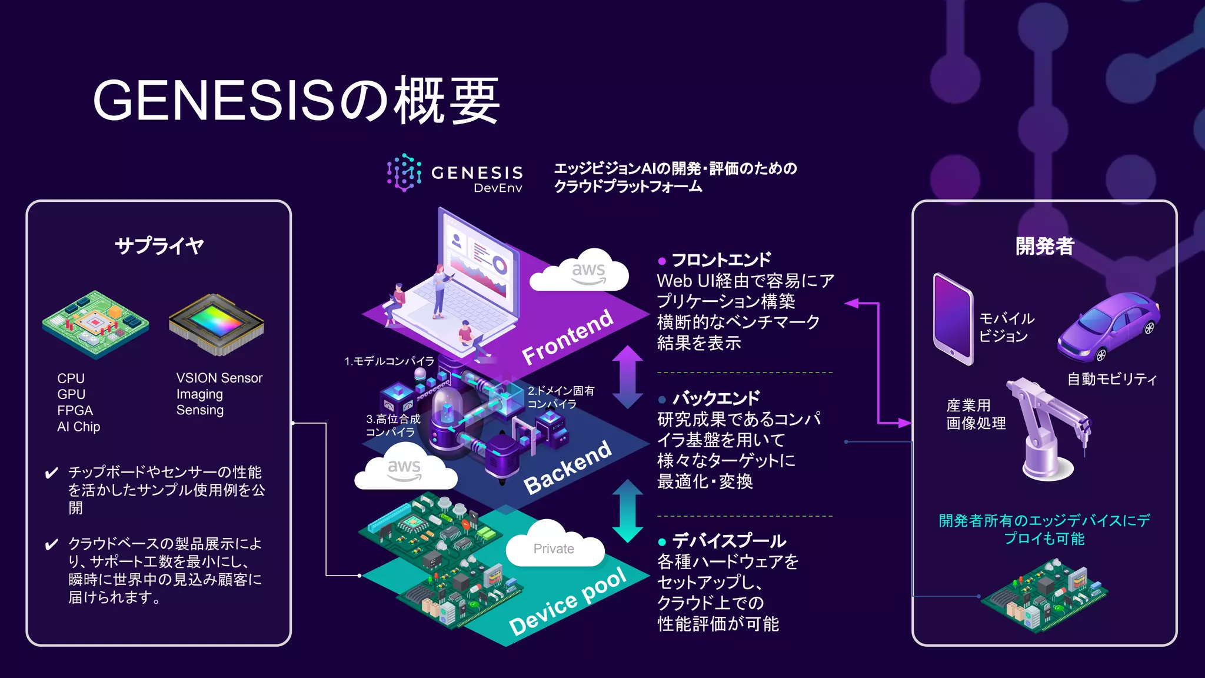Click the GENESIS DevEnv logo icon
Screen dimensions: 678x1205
click(404, 172)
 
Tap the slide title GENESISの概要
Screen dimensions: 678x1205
click(296, 101)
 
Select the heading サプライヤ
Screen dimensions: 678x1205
click(159, 245)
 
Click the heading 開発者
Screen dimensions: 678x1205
click(1044, 245)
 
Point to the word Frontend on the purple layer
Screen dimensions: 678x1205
click(567, 337)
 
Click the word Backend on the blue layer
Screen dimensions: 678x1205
click(568, 467)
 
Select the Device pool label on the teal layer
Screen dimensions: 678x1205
click(568, 603)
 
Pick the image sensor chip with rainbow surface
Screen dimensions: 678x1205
click(216, 324)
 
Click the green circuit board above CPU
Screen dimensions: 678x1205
click(95, 324)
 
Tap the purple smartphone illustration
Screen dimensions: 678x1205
click(953, 318)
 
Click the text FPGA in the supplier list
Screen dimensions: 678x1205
click(75, 410)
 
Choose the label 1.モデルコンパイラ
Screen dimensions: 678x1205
click(389, 361)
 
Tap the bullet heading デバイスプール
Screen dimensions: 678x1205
click(728, 540)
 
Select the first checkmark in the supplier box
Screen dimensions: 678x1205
click(52, 473)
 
